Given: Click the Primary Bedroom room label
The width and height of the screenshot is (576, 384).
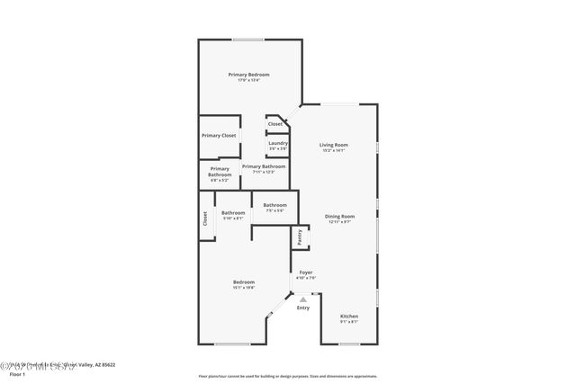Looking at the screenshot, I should (248, 75).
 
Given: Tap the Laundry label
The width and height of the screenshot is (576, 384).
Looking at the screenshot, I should (277, 143).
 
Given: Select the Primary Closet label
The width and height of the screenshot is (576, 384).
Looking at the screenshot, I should (219, 135).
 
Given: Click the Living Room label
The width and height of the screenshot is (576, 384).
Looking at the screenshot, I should (334, 145).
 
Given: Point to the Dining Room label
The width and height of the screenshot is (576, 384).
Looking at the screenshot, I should (340, 216).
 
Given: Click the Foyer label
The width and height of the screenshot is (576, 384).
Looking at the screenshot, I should (306, 272).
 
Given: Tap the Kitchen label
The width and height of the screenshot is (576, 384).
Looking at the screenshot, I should (349, 316).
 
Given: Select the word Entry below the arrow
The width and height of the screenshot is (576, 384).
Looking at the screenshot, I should (303, 308).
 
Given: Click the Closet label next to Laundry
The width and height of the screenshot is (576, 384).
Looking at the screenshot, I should (274, 124).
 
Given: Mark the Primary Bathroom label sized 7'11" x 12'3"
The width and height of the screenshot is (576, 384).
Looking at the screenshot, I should (264, 166).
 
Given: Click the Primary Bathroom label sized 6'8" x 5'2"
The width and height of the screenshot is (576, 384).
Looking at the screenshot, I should (220, 169).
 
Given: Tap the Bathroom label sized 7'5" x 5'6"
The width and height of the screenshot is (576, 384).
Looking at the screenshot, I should (274, 205).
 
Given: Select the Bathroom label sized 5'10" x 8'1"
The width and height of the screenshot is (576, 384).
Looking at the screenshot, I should (233, 212).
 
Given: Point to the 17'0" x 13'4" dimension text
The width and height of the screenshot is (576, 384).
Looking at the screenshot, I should (248, 81).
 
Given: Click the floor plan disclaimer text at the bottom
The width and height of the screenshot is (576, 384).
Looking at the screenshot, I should (288, 376).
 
